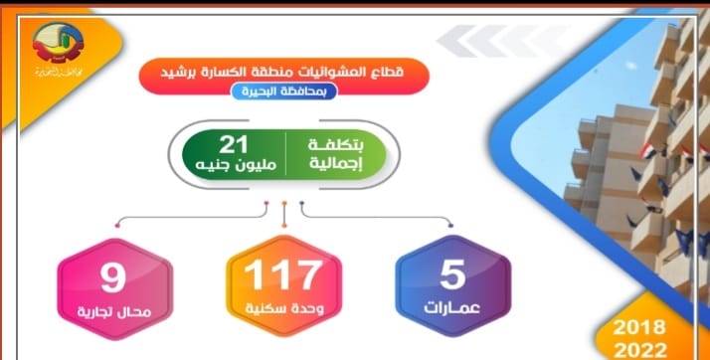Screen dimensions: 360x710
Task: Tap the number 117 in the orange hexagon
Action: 284,273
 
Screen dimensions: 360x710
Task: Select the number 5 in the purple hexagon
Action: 454,271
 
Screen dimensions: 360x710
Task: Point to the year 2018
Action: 640,325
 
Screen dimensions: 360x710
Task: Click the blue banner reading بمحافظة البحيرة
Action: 284,91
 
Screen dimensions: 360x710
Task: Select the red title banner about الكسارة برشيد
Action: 284,71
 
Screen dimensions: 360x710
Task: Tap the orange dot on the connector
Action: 284,205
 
